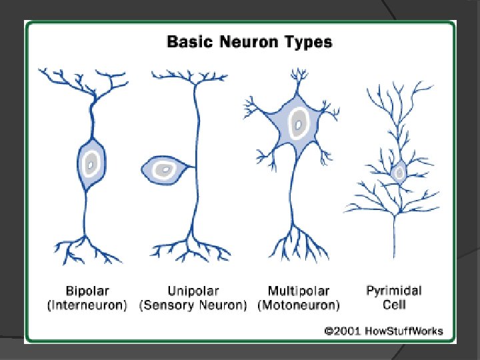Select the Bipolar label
[87, 291]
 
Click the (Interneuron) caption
[87, 306]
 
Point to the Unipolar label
[193, 291]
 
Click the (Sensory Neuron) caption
[193, 306]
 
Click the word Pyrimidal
[394, 291]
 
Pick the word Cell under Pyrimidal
[394, 305]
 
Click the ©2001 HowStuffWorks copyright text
[383, 331]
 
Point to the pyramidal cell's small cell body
[399, 172]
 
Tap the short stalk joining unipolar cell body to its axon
[187, 169]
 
